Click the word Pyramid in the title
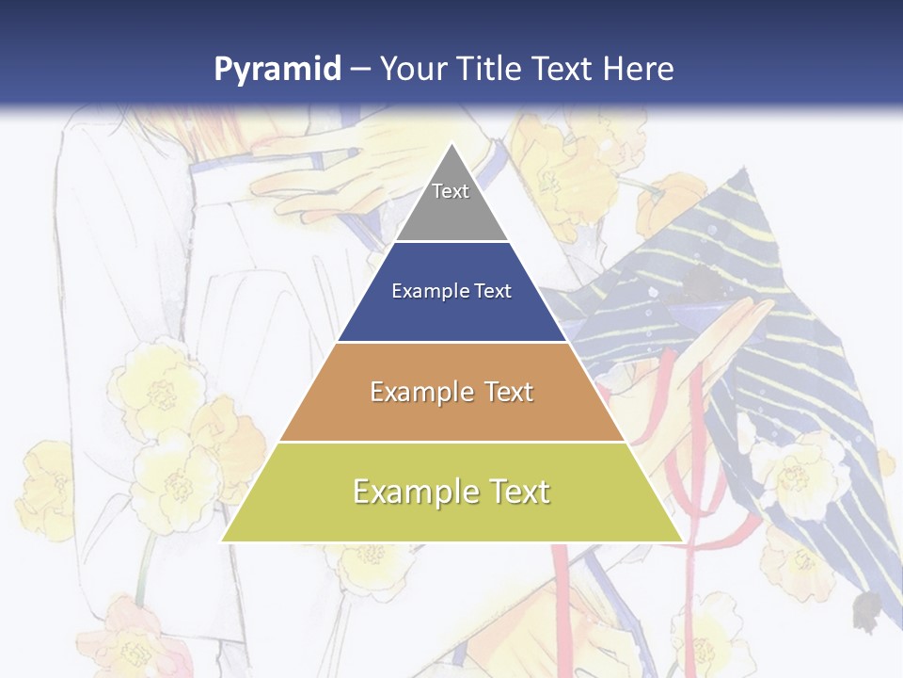pos(277,70)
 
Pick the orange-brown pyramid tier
pos(451,414)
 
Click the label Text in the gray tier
pos(451,191)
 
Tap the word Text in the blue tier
pos(493,292)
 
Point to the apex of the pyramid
pos(451,144)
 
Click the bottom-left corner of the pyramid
pos(222,541)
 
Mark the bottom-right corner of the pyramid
pos(682,541)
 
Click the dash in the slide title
pos(360,70)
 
